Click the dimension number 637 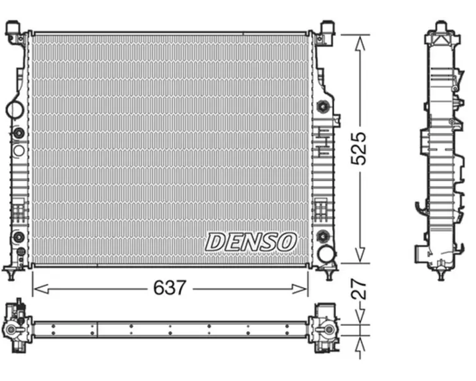(x=169, y=288)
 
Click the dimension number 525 (x=358, y=149)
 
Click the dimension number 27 (x=358, y=289)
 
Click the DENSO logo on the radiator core (x=251, y=242)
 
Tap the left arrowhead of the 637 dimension (x=40, y=289)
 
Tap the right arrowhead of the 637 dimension (x=300, y=289)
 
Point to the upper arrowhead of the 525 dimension (x=360, y=43)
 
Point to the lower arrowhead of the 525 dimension (x=360, y=255)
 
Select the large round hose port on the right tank (x=326, y=254)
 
